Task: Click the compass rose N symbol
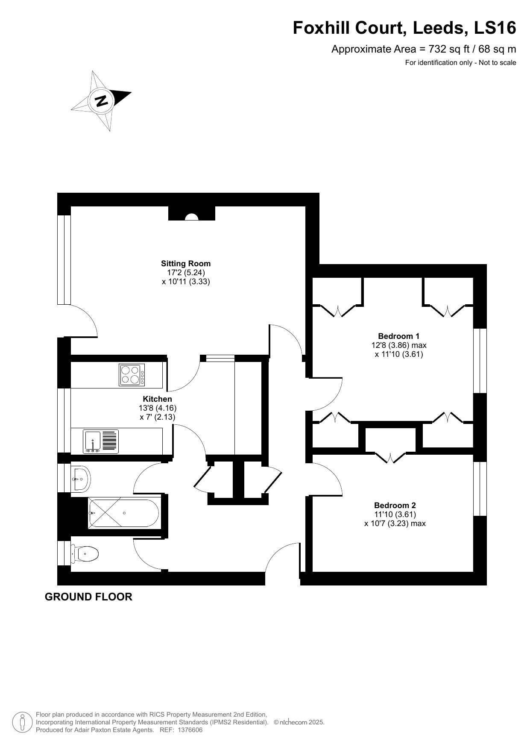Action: (x=101, y=101)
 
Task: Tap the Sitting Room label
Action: (x=186, y=264)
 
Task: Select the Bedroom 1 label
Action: (x=399, y=336)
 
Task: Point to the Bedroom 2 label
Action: (x=395, y=506)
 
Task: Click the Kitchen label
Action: (x=158, y=399)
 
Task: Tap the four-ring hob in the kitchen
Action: (x=132, y=375)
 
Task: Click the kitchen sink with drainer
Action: (x=101, y=441)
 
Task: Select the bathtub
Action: (x=123, y=513)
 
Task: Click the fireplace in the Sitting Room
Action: (x=192, y=213)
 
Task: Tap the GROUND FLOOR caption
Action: (x=88, y=597)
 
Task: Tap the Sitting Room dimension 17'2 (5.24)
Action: (x=186, y=273)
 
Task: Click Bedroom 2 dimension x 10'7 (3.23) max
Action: (x=395, y=524)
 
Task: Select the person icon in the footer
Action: (x=22, y=722)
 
